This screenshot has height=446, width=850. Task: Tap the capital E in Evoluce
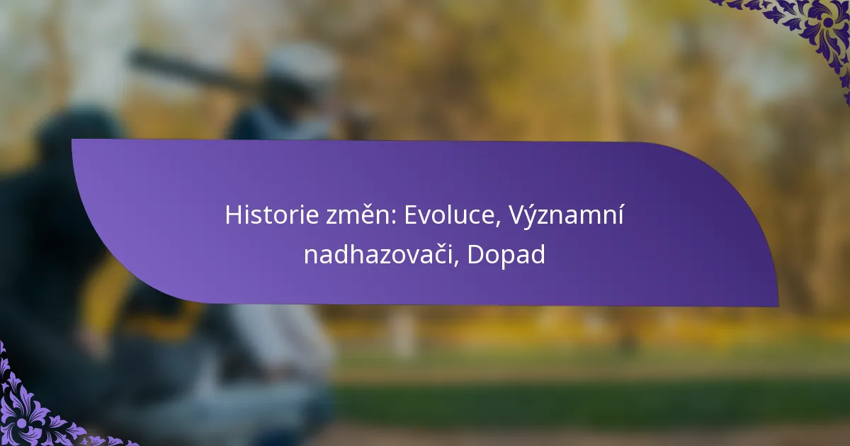412,215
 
